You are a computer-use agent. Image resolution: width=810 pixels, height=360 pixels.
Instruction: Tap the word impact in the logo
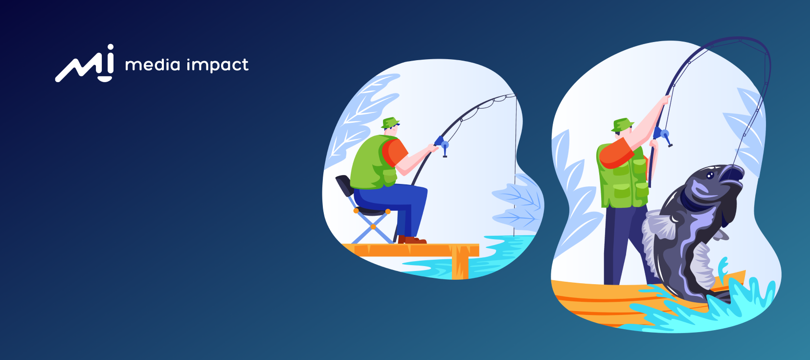tap(218, 66)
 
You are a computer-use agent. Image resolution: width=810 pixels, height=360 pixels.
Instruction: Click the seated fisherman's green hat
tap(390, 123)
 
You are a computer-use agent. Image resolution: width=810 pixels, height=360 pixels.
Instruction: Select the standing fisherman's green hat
tap(622, 125)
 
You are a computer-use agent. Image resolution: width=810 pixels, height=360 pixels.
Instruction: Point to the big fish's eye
tap(710, 176)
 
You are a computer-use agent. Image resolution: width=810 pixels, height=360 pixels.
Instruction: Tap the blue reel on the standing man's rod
tap(663, 135)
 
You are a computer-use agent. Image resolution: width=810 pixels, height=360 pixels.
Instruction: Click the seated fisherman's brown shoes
tap(412, 240)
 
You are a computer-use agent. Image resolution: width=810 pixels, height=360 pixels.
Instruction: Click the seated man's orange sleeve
tap(395, 152)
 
